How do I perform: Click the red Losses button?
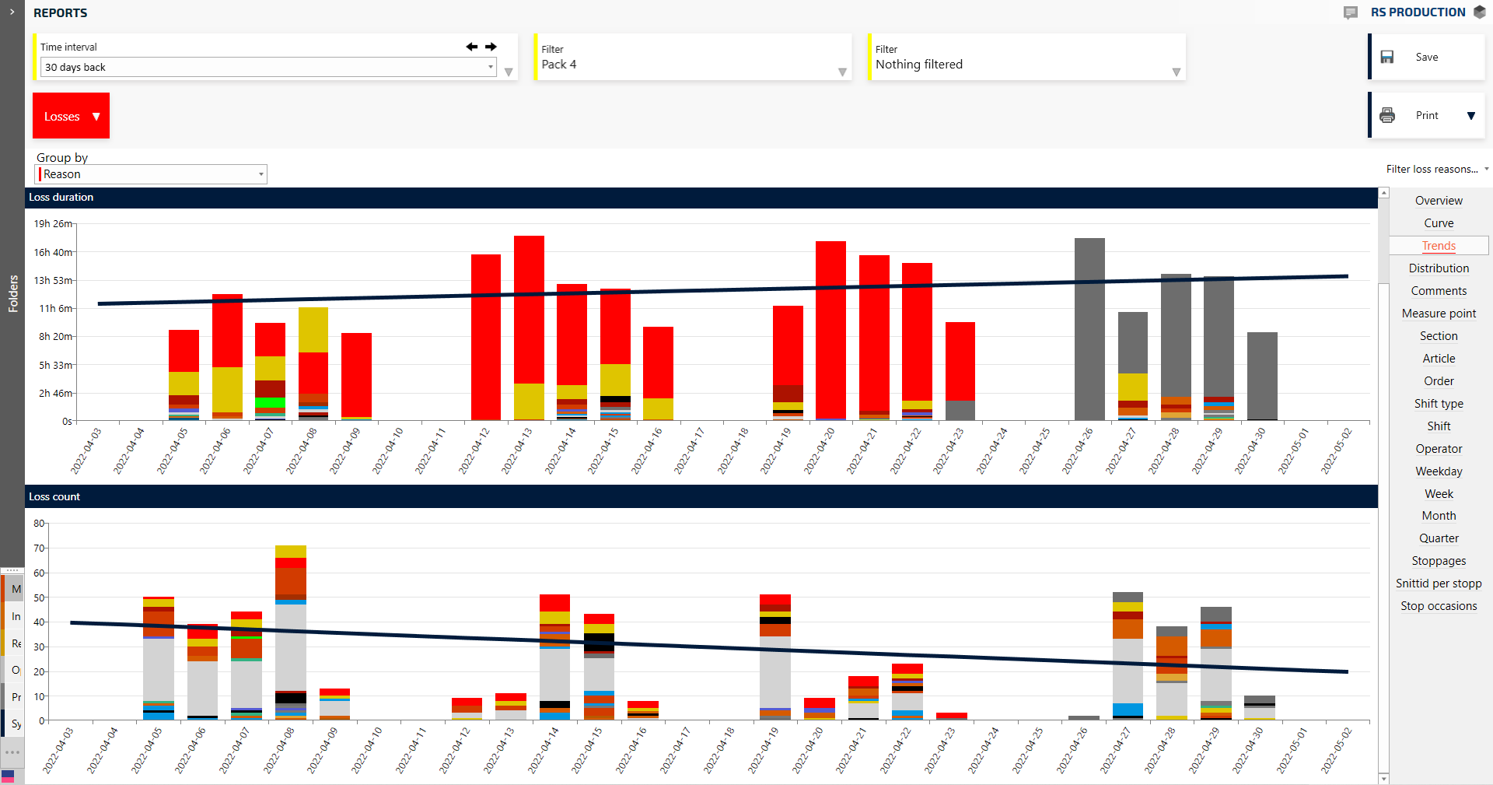71,116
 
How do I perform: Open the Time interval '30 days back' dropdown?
268,68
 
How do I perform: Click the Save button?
1426,57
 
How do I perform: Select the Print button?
1426,115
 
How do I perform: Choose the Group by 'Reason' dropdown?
152,174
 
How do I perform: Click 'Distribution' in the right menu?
1439,268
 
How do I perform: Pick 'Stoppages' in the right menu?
1439,561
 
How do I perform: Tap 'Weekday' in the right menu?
1439,471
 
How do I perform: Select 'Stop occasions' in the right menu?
1439,606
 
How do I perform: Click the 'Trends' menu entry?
1439,246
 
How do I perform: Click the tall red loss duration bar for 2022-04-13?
529,311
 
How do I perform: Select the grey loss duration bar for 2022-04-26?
1089,327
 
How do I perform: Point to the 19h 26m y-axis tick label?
53,224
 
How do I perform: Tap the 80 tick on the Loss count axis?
39,524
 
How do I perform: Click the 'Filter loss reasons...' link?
1432,169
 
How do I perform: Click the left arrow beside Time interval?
471,47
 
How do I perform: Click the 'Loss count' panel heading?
54,496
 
